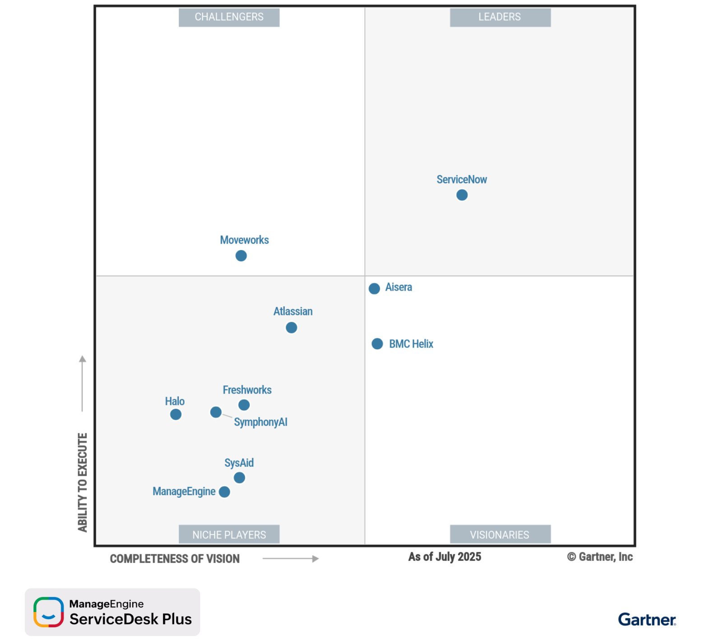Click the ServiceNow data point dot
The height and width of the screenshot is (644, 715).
pos(462,195)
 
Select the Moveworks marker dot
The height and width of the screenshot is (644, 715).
pos(241,256)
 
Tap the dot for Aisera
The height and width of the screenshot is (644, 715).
pos(374,288)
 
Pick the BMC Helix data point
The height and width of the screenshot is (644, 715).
pos(377,344)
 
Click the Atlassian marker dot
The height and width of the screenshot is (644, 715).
pos(292,328)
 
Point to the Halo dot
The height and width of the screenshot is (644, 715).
pos(176,414)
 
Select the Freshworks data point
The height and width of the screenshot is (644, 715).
pos(244,405)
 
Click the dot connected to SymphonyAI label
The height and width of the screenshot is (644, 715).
pos(216,412)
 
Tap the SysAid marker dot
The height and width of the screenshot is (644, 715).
pos(239,477)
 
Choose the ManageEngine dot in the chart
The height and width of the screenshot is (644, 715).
pos(224,492)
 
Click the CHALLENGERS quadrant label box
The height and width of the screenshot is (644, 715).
pos(229,17)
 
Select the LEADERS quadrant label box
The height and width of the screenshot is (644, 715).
pos(500,17)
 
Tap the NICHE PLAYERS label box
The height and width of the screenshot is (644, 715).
pos(229,534)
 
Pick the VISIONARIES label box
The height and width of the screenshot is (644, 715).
pos(500,534)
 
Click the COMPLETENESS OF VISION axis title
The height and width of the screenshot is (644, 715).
pos(175,559)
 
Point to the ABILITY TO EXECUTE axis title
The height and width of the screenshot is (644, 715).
pos(82,482)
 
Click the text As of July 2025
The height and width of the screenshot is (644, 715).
pos(445,557)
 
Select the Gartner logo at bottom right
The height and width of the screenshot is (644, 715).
pos(647,620)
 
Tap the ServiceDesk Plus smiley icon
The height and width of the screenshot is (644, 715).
pos(48,612)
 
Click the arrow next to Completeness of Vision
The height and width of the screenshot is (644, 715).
pos(291,559)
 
